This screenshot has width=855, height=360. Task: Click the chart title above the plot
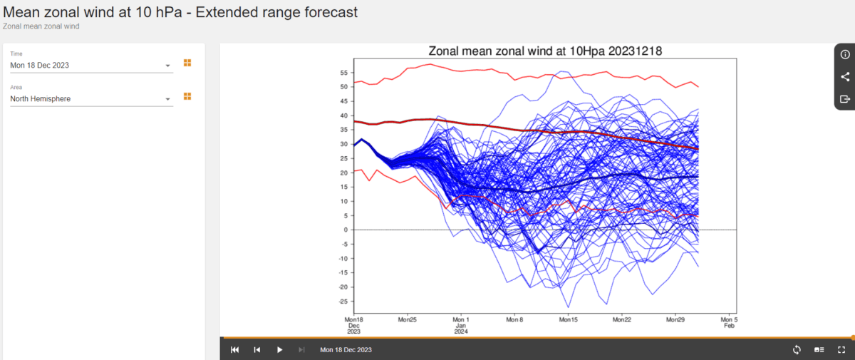point(545,51)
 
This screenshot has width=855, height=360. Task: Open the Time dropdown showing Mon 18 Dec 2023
point(90,66)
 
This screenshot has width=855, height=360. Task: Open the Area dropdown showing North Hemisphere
point(90,99)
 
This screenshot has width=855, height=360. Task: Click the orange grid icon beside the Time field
point(187,63)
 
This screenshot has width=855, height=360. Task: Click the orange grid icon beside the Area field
point(187,96)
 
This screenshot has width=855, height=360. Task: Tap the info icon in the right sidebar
point(845,54)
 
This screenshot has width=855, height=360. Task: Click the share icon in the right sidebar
point(845,76)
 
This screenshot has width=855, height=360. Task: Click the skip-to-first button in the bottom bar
point(235,350)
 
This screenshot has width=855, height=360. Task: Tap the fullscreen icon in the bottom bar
point(841,350)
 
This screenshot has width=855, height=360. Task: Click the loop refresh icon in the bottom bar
point(797,350)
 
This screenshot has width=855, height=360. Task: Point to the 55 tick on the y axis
point(343,73)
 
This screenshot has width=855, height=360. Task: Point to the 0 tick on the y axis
point(344,230)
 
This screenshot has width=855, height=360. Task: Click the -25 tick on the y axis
point(341,301)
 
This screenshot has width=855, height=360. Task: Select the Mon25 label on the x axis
point(408,320)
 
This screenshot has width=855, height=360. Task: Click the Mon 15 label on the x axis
point(568,320)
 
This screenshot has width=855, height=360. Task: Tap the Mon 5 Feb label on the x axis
point(728,323)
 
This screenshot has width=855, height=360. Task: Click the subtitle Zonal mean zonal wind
point(41,26)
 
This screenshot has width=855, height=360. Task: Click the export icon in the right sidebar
point(845,98)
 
